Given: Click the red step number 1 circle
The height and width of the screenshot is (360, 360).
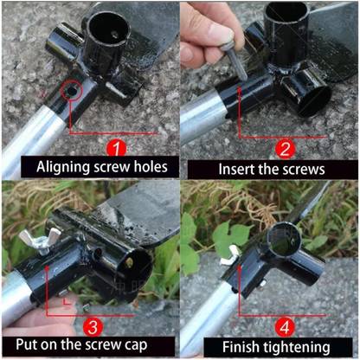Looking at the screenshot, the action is (x=117, y=148).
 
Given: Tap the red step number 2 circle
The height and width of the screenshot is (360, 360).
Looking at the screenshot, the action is (x=285, y=149).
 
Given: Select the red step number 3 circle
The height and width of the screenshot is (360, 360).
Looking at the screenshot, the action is (x=93, y=328).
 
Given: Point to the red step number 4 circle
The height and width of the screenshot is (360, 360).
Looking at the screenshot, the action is (x=285, y=328).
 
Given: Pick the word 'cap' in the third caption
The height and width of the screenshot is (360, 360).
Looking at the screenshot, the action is (x=136, y=345).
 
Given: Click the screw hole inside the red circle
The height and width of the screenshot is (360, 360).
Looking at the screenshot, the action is (x=71, y=91).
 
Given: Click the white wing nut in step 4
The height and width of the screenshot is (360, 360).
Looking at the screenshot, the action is (x=229, y=255).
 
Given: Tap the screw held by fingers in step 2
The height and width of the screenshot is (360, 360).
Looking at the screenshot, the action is (x=235, y=61).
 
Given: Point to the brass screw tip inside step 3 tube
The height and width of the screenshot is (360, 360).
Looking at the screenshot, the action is (x=129, y=262).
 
